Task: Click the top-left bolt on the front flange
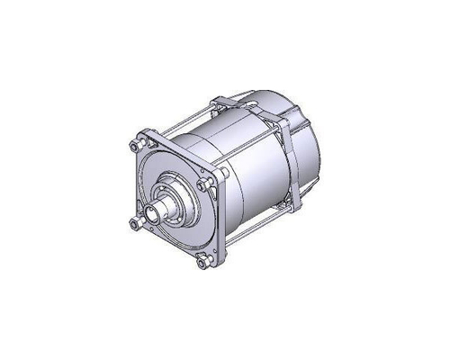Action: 136,146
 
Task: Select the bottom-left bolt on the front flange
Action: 135,223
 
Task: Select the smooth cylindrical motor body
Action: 243,180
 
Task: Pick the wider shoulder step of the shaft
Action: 172,202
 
